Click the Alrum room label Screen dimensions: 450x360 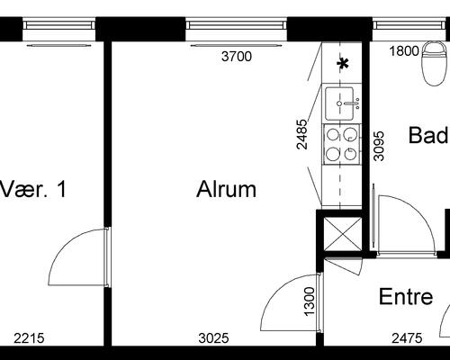click(x=227, y=189)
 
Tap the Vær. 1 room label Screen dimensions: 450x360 click(x=33, y=189)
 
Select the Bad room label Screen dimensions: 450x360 click(x=428, y=135)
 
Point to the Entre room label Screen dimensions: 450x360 click(x=406, y=296)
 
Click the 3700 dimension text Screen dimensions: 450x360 click(x=237, y=57)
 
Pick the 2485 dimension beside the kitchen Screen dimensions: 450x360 click(x=301, y=134)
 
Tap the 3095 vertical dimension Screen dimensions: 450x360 click(x=379, y=146)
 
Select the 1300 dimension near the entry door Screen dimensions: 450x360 click(x=310, y=301)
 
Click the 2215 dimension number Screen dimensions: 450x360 click(x=29, y=338)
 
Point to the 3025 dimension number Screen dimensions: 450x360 click(x=213, y=338)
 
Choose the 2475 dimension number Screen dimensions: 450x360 click(x=407, y=338)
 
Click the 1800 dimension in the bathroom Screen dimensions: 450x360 click(x=404, y=51)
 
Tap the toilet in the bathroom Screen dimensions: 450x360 click(x=434, y=64)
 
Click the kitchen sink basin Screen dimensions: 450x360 click(x=339, y=103)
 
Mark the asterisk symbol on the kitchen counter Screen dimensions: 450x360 click(x=343, y=64)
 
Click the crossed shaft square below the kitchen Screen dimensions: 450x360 click(x=343, y=234)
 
